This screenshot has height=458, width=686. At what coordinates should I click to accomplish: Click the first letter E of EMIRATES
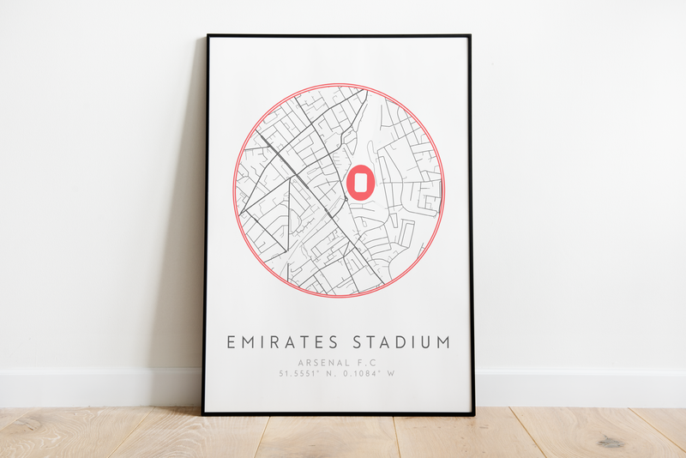pos(231,342)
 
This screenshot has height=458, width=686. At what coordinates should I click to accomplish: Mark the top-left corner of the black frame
pos(208,36)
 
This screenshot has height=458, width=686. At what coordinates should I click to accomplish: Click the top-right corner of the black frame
pos(470,36)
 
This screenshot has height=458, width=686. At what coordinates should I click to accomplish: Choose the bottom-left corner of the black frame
pos(203,414)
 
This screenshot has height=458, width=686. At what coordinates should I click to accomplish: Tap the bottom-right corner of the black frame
pos(473,414)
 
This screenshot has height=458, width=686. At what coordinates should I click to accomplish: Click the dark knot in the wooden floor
pos(611,441)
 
